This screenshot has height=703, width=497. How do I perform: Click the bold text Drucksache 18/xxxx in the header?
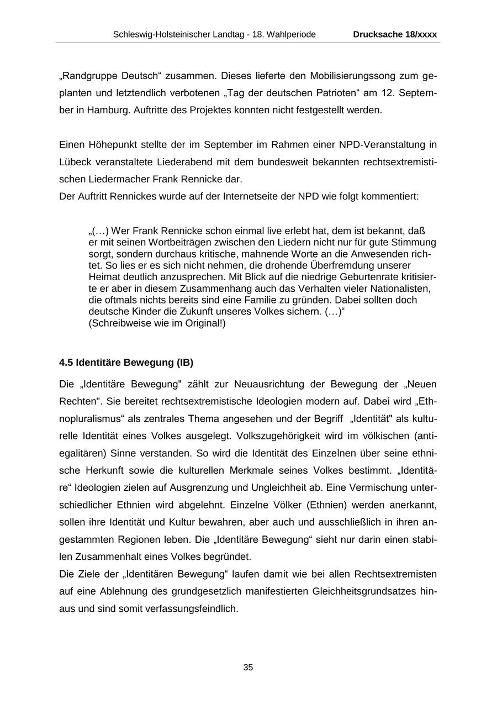395,34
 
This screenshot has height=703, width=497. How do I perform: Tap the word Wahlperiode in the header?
292,34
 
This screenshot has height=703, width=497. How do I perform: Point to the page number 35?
248,668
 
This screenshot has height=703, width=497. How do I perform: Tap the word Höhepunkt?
112,145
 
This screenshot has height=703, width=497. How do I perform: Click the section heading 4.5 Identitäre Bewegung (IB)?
126,363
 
